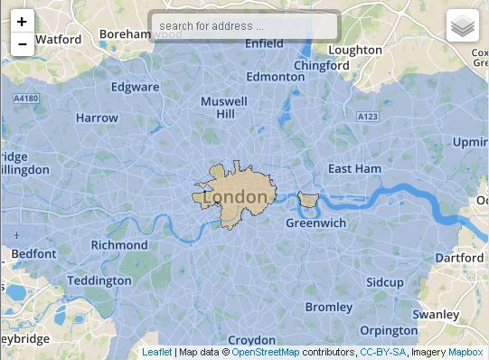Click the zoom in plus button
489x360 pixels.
pos(22,21)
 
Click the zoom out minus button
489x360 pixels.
pos(22,43)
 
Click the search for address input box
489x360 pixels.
pos(244,26)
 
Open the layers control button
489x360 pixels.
pos(462,27)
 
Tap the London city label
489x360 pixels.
pos(235,196)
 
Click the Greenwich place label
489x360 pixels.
pos(315,223)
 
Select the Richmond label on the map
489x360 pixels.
pos(119,244)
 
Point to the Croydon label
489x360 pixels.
pos(251,341)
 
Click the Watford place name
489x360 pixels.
pos(58,40)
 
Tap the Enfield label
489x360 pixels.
pos(264,43)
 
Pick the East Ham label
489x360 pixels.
pos(354,169)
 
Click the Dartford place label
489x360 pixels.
pos(459,258)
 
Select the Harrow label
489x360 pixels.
pos(97,118)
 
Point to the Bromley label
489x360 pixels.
pos(328,308)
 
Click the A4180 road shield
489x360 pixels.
pos(27,99)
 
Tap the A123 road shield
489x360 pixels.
pos(368,117)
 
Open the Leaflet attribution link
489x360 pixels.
pos(156,353)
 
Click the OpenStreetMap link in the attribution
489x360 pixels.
pos(266,353)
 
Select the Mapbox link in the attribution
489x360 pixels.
pos(465,353)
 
